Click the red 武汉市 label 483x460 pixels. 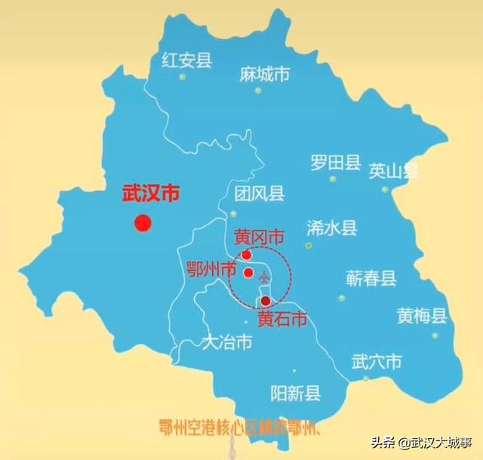(x=151, y=194)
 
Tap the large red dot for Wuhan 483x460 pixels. (x=143, y=222)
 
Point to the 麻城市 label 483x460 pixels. (x=264, y=74)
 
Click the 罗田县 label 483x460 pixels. (x=335, y=162)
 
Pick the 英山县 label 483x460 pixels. (x=393, y=171)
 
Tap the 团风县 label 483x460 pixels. (x=259, y=195)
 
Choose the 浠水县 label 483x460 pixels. (x=331, y=228)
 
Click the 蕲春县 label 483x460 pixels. (x=371, y=278)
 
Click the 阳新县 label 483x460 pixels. (x=295, y=393)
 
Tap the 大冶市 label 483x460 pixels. (x=226, y=342)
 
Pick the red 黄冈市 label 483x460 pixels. (x=259, y=238)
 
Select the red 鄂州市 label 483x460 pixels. (x=211, y=269)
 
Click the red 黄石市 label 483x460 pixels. (x=283, y=319)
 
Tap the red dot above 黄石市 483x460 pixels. (x=265, y=302)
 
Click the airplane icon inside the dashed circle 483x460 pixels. (x=263, y=278)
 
